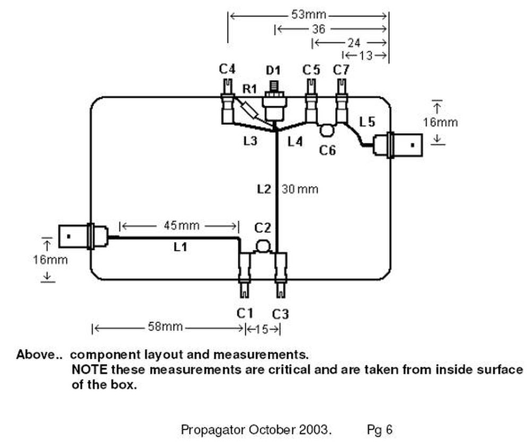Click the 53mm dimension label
click(309, 15)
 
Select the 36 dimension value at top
click(318, 29)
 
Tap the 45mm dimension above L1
click(182, 226)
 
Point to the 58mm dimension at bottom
click(165, 327)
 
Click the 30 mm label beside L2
click(300, 189)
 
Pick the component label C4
click(227, 69)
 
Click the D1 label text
click(273, 71)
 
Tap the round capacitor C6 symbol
click(327, 131)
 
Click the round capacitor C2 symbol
click(263, 246)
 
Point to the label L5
click(367, 122)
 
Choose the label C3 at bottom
click(280, 315)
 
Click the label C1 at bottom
click(245, 314)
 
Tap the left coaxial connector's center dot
click(68, 236)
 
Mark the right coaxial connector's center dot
click(413, 145)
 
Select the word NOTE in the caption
click(89, 369)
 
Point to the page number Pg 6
click(380, 430)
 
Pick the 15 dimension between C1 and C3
click(262, 329)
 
